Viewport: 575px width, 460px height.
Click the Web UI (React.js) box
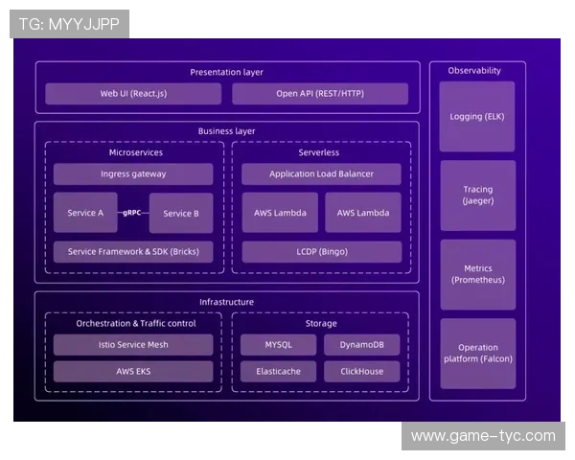point(133,94)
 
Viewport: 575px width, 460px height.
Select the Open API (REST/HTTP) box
point(320,94)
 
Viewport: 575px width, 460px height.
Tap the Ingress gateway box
point(133,173)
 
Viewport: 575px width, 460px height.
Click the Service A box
point(85,213)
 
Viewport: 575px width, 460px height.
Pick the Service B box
point(181,213)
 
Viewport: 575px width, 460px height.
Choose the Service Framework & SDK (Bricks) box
point(133,252)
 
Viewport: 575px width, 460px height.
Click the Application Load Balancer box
point(321,173)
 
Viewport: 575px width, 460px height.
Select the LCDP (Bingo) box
point(321,252)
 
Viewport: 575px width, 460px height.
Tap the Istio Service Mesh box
point(133,344)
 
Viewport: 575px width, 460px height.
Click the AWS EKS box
point(133,371)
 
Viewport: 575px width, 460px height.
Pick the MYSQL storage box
point(278,344)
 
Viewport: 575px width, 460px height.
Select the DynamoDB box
point(362,344)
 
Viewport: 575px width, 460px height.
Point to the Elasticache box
point(278,371)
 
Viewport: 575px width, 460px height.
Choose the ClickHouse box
point(362,371)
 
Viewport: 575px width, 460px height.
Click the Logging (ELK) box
point(477,117)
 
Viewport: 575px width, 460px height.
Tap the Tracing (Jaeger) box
point(477,195)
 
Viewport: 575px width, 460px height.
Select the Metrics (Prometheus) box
point(477,274)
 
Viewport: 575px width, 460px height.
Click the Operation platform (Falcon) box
point(477,353)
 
